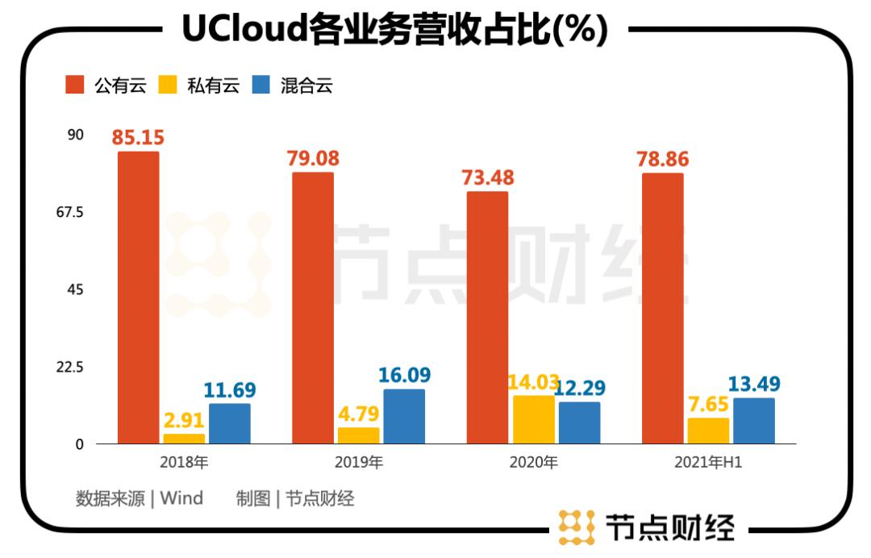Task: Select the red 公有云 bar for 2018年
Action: [139, 298]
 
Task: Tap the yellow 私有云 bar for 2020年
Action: [534, 419]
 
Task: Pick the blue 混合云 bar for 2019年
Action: [404, 416]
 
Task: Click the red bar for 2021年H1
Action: [663, 308]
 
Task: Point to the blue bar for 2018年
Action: [230, 423]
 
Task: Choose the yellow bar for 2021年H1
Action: [708, 431]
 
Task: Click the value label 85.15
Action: [138, 138]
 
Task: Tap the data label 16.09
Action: [404, 375]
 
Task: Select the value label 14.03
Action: [534, 381]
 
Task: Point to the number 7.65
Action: [708, 403]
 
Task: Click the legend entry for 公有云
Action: [106, 85]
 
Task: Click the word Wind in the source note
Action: [181, 498]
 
